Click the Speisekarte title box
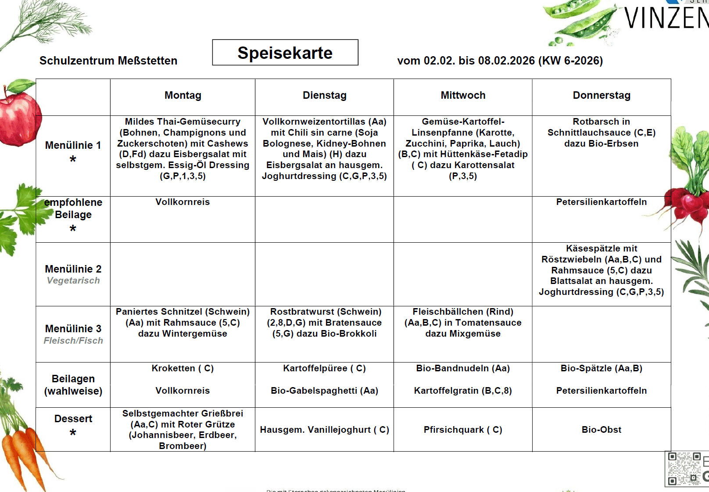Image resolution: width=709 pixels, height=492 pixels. pyautogui.click(x=285, y=53)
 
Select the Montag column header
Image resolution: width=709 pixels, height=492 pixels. pyautogui.click(x=183, y=95)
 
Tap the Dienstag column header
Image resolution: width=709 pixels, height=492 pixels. pyautogui.click(x=324, y=95)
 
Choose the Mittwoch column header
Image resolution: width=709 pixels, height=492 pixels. pyautogui.click(x=463, y=95)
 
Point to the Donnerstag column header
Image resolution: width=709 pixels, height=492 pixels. pyautogui.click(x=602, y=95)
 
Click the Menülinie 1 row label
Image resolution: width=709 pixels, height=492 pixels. pyautogui.click(x=73, y=145)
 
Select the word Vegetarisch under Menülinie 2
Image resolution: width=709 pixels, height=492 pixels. pyautogui.click(x=73, y=280)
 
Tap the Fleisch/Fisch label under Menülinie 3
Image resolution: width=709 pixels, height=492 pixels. pyautogui.click(x=73, y=341)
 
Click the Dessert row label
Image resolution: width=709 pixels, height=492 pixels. pyautogui.click(x=73, y=419)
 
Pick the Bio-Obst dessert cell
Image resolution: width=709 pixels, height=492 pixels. pyautogui.click(x=602, y=430)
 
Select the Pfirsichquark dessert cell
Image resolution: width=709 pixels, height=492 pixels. pyautogui.click(x=463, y=430)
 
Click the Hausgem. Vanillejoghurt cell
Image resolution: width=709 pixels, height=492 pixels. pyautogui.click(x=324, y=430)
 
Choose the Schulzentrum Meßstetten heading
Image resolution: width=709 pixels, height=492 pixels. pyautogui.click(x=108, y=61)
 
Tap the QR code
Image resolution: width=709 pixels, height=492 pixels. pyautogui.click(x=684, y=469)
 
